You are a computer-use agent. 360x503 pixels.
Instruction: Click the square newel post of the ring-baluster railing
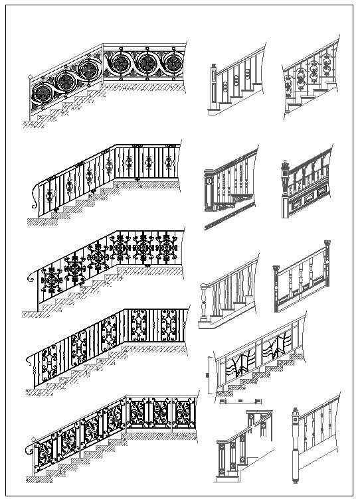coord(214,86)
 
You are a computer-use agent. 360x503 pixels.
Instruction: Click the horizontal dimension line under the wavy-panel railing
coord(240,401)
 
